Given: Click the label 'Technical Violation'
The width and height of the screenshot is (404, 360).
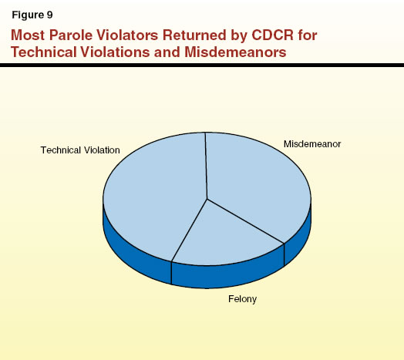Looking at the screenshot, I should [x=80, y=150].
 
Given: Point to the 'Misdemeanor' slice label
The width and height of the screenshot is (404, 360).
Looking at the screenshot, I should [x=311, y=144].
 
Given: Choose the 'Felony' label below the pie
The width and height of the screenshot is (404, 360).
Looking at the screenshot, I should [x=241, y=298].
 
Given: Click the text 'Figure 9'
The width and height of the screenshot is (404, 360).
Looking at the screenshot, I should [x=32, y=15].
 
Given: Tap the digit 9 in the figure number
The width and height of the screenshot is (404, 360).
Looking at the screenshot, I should [x=50, y=15].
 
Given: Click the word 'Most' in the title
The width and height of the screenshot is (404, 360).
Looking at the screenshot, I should [x=28, y=35].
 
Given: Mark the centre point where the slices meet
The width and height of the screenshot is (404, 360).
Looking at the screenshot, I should [x=207, y=199].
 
